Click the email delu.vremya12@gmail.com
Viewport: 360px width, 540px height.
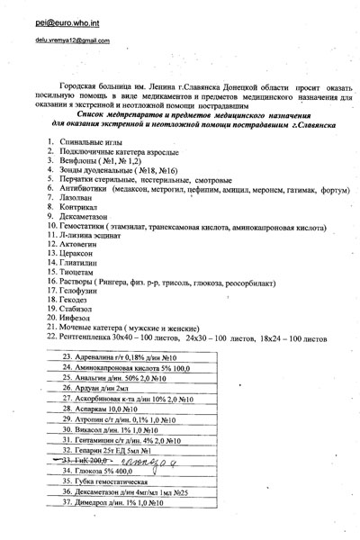coord(58,40)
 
